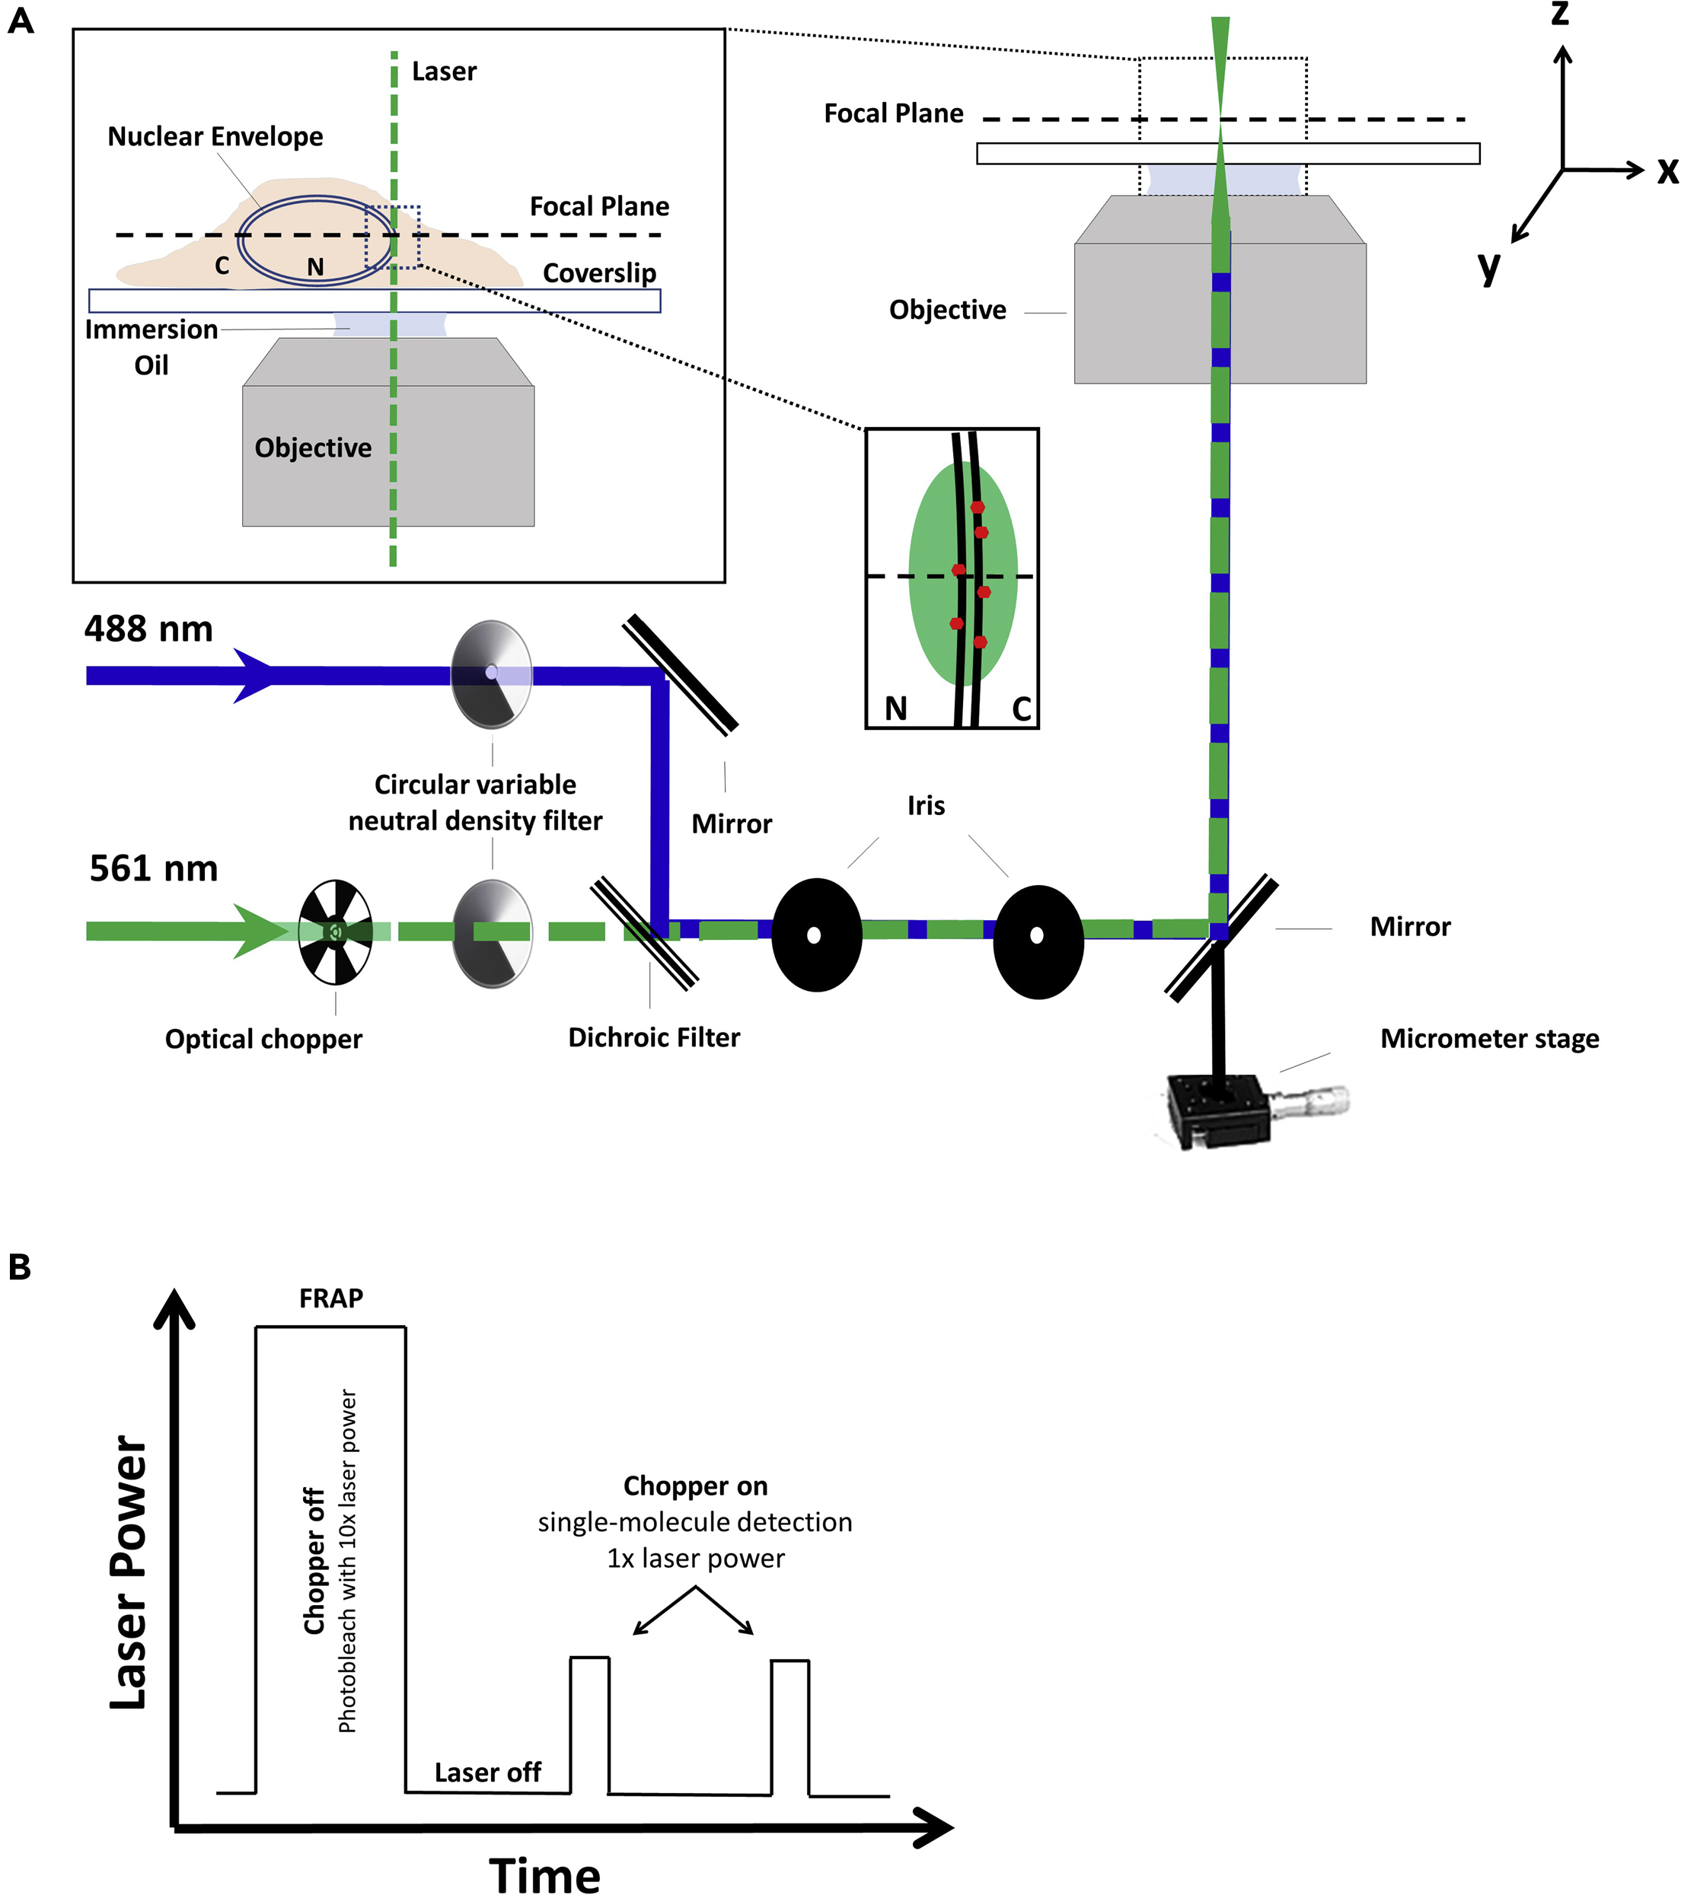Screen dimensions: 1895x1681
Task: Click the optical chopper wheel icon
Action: pos(336,931)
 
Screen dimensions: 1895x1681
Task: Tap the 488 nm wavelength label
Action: pos(148,629)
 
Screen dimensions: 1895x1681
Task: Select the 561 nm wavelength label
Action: pos(153,868)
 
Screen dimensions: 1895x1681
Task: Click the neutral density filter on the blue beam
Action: pos(491,674)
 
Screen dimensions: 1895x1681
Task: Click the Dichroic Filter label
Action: pos(654,1037)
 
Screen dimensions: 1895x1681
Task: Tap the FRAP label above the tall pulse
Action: pos(331,1298)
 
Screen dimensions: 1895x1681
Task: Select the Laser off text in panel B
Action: pos(488,1772)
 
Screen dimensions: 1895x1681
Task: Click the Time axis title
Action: pos(544,1873)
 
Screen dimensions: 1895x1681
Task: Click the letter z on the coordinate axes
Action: pos(1561,14)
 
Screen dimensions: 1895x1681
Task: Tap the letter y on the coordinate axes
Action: pos(1489,267)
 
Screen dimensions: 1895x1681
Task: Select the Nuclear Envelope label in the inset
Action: pos(215,137)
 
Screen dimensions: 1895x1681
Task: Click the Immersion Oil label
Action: pos(152,347)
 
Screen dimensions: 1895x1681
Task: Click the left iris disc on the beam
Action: pos(816,935)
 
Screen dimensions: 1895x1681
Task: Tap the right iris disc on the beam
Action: pos(1038,940)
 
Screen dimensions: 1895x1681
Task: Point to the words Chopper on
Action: pos(695,1486)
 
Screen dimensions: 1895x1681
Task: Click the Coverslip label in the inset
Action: pos(599,273)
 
